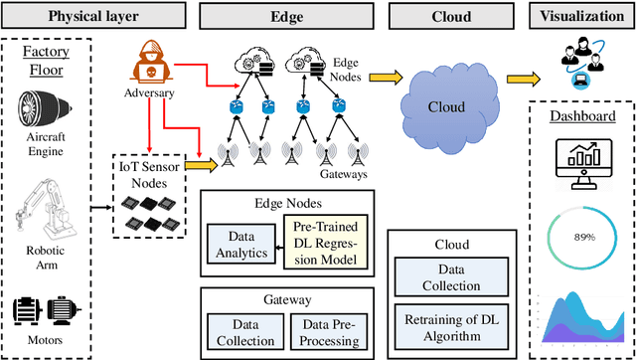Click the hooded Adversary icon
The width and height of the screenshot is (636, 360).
point(150,67)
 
